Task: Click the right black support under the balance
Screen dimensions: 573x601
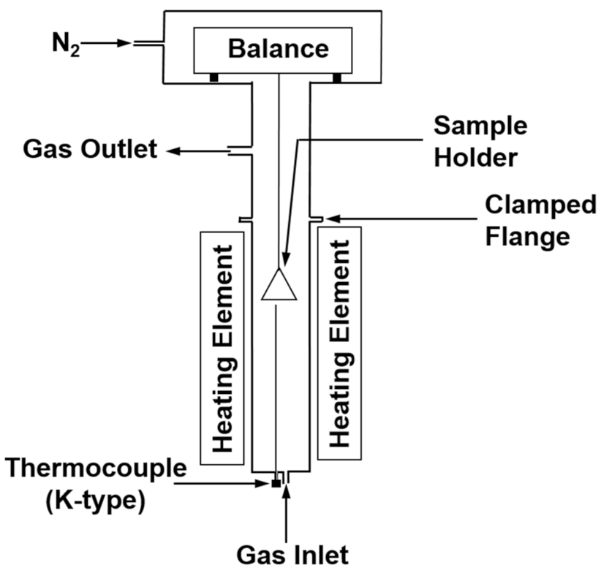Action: tap(337, 77)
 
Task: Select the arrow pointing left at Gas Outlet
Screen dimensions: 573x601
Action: tap(197, 151)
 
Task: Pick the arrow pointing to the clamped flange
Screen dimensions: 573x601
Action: tap(402, 217)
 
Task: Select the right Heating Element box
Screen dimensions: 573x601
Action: tap(340, 340)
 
